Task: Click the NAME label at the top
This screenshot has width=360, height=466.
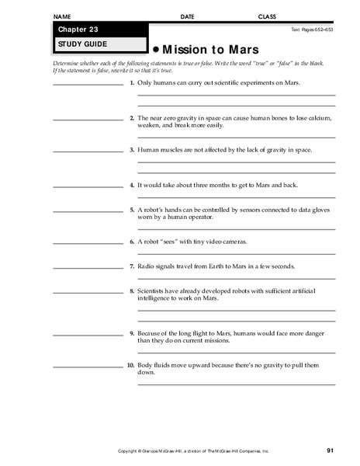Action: click(x=64, y=16)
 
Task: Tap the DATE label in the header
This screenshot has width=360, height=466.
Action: click(x=188, y=16)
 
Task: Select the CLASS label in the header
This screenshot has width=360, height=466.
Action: click(x=267, y=16)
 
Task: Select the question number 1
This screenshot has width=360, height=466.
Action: click(x=133, y=82)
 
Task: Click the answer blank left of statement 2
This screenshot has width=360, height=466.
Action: click(x=85, y=119)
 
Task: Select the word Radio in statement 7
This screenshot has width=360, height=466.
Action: click(x=147, y=266)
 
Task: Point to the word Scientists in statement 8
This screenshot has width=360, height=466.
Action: click(x=155, y=290)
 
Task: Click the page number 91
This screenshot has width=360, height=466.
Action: click(x=331, y=451)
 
